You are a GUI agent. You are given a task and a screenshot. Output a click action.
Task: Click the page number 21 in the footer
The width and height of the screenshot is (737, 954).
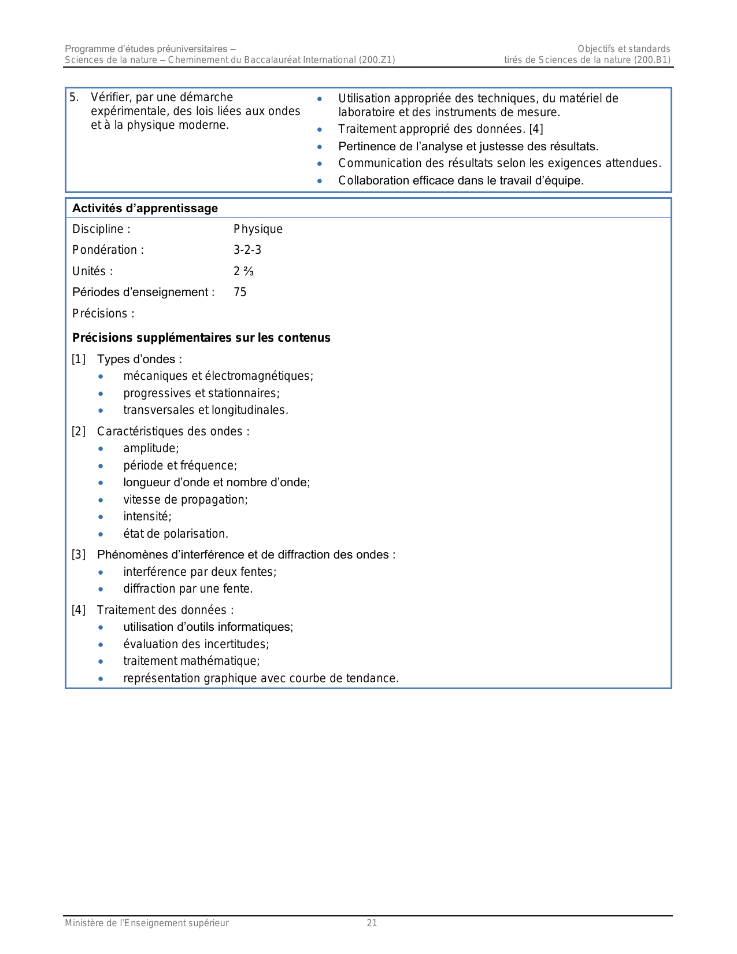pyautogui.click(x=372, y=923)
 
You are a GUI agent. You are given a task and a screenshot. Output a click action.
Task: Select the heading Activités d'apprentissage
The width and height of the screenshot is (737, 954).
pyautogui.click(x=145, y=208)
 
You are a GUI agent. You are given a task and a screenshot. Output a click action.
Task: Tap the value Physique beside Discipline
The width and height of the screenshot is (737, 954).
pyautogui.click(x=258, y=229)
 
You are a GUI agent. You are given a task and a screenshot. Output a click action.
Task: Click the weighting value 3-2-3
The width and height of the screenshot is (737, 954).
pyautogui.click(x=247, y=250)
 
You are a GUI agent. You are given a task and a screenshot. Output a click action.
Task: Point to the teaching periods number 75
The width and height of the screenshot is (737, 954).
pyautogui.click(x=240, y=292)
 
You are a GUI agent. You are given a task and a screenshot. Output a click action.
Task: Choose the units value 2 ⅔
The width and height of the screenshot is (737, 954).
pyautogui.click(x=243, y=271)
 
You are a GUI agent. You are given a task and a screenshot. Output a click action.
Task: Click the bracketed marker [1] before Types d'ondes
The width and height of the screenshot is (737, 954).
pyautogui.click(x=79, y=359)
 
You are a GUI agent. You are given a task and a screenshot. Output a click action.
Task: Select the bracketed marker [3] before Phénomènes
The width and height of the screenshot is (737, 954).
pyautogui.click(x=79, y=554)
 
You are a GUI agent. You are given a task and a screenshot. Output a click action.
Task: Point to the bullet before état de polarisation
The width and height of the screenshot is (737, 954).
pyautogui.click(x=101, y=534)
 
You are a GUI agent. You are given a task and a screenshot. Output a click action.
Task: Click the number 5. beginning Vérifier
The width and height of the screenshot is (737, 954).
pyautogui.click(x=74, y=97)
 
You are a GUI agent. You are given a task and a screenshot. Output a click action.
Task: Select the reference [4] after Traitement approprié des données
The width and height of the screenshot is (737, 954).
pyautogui.click(x=536, y=129)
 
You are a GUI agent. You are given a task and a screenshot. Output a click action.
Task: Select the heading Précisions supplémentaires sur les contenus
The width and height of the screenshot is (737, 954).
pyautogui.click(x=201, y=338)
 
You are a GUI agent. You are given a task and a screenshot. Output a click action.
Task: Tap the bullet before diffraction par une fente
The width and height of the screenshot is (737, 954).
pyautogui.click(x=101, y=589)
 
